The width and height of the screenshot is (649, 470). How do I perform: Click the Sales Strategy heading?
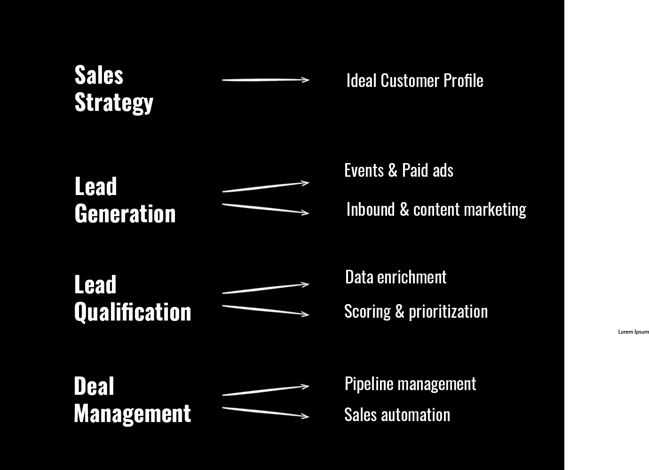(114, 89)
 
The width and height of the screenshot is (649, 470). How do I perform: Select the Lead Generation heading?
(125, 200)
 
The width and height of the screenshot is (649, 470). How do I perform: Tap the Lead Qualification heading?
(133, 298)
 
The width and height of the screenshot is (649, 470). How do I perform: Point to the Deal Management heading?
(132, 400)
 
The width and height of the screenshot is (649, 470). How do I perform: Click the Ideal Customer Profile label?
(414, 81)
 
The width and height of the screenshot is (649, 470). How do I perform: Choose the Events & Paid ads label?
(399, 171)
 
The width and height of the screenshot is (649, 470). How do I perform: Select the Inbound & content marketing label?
(436, 210)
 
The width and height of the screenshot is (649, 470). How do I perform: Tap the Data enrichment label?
(396, 277)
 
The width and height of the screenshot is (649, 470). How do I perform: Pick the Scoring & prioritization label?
(416, 312)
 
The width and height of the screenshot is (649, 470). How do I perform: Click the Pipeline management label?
(410, 384)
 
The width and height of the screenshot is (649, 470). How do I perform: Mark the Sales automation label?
(397, 415)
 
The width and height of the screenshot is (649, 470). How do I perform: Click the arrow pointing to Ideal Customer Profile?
(265, 80)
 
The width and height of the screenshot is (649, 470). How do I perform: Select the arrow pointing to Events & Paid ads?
(265, 187)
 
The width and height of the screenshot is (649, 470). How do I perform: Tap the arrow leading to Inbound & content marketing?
(265, 208)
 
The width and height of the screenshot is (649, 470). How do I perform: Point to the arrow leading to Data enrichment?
(265, 288)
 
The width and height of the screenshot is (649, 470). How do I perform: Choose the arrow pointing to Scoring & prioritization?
(265, 310)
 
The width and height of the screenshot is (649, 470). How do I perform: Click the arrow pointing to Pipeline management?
(265, 390)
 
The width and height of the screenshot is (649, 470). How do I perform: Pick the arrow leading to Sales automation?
(265, 412)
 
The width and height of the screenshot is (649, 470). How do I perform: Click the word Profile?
(463, 81)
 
